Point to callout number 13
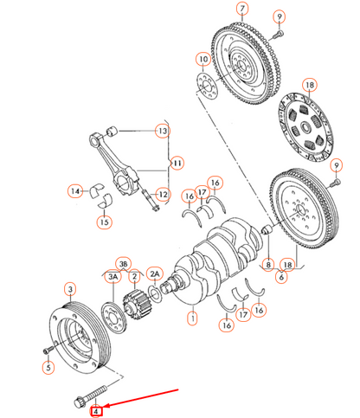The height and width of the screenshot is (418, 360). (162, 131)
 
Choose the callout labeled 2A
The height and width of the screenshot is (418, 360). (155, 273)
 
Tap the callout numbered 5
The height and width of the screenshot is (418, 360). (48, 367)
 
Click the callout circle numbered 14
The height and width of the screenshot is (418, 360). (76, 190)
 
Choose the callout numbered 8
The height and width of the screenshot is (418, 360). (269, 264)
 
